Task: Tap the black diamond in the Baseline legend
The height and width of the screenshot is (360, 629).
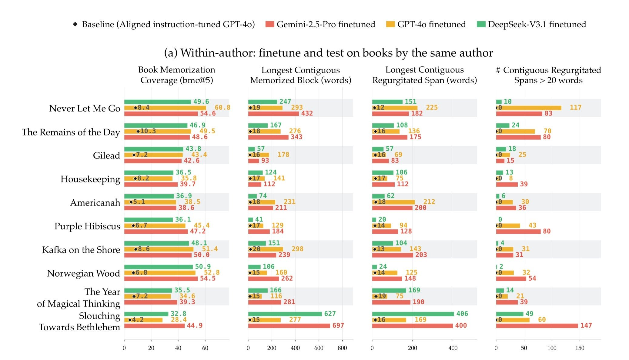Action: coord(75,24)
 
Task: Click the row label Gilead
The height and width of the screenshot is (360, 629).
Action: coord(106,155)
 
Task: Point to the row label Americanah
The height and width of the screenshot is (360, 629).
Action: coord(95,202)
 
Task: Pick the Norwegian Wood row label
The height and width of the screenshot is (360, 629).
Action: coord(84,273)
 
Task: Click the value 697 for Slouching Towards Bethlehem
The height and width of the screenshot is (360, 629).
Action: coord(338,325)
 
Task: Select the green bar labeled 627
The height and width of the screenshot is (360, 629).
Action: coord(285,314)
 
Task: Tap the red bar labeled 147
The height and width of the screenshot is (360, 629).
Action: coord(537,326)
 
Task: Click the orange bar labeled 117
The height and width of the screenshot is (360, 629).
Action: coord(529,108)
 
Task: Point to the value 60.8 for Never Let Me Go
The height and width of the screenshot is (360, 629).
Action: coord(222,108)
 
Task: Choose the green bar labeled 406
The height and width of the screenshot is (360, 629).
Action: coord(413,314)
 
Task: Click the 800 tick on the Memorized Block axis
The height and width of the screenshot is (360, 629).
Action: coord(342,348)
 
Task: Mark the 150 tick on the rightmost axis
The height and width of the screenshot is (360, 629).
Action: coord(580,348)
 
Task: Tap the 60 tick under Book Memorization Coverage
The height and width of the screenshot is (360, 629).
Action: coord(205,348)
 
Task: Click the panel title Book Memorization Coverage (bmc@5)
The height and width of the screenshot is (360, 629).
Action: coord(176,75)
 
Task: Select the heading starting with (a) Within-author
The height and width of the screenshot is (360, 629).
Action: coord(328,53)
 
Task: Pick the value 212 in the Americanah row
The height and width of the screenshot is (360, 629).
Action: coord(429,202)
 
